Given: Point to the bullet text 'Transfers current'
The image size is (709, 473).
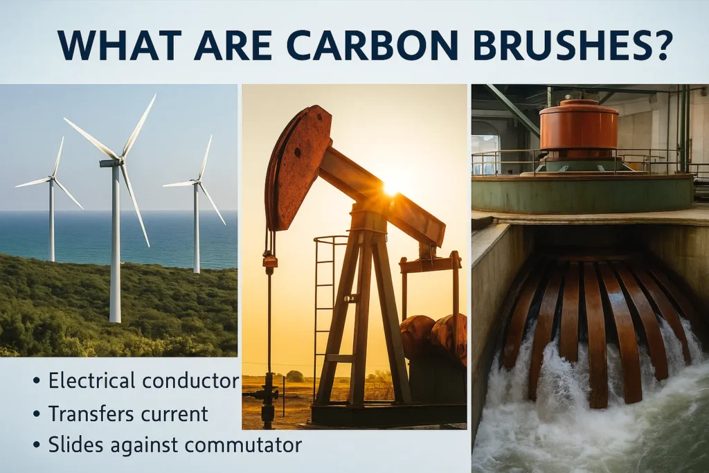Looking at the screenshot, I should click(x=128, y=413).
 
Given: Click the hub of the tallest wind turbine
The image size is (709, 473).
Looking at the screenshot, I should click(x=120, y=161).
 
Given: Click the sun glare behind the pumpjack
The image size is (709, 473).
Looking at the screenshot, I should click(x=391, y=187).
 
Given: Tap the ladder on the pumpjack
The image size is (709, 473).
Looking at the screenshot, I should click(x=323, y=305).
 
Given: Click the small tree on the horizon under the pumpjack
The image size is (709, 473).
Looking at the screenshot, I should click(x=296, y=376).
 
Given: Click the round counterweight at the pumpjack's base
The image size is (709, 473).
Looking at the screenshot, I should click(x=418, y=336).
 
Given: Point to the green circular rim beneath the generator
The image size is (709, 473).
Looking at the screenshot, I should click(x=582, y=194).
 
